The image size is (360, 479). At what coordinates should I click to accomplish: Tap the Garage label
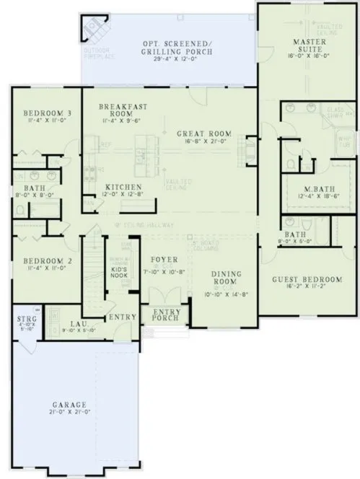69,405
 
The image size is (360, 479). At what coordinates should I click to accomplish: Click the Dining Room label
230,278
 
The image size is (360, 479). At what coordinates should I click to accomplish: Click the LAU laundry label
79,326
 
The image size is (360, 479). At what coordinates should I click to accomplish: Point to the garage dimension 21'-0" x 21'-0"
69,413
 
